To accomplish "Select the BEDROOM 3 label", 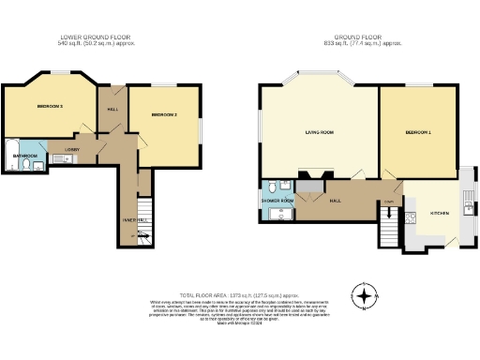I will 50,107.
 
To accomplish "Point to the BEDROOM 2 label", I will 164,115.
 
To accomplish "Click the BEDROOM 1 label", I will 418,133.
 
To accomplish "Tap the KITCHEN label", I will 440,214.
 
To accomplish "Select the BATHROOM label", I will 24,156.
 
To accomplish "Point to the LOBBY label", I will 71,149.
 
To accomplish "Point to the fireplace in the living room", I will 312,174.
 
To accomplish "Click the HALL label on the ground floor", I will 335,200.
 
